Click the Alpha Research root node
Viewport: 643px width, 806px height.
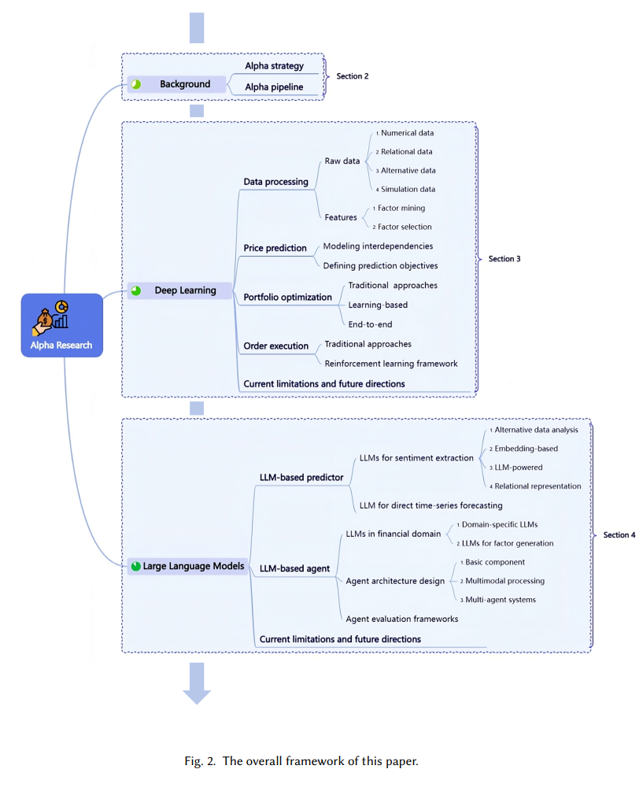point(61,325)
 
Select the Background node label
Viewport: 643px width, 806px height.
point(185,83)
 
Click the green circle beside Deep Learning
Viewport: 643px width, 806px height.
point(135,290)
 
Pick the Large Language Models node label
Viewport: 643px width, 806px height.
point(194,566)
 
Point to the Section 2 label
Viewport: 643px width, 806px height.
point(352,76)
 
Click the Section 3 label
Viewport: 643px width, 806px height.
point(504,258)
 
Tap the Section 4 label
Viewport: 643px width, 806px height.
point(619,534)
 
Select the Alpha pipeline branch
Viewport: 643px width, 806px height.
point(274,87)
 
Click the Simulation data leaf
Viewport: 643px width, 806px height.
point(408,189)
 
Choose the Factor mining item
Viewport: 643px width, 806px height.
point(401,208)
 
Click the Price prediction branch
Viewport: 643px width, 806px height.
point(275,248)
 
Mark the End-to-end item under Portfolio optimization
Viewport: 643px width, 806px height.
point(370,324)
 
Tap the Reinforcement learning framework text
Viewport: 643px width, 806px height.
point(391,364)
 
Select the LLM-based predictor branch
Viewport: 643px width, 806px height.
point(301,477)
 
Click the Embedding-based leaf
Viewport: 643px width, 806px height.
point(526,448)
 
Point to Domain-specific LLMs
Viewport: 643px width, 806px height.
point(500,524)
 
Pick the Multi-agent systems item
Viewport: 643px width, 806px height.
point(500,599)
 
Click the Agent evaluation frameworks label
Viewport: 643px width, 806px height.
point(402,619)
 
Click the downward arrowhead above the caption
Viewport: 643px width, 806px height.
point(197,697)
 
